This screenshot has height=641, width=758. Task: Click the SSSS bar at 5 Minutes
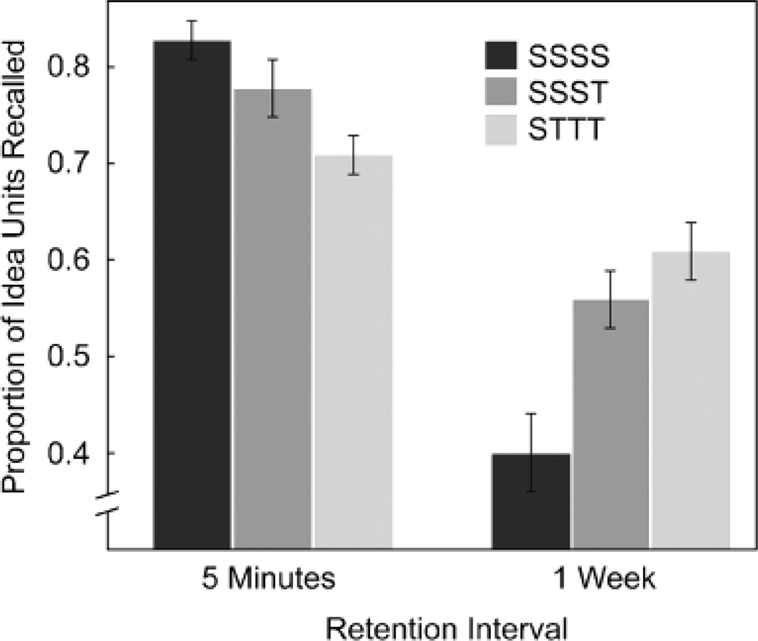[192, 296]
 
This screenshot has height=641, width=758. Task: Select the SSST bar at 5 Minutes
[272, 320]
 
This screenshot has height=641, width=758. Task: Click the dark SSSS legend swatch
[500, 56]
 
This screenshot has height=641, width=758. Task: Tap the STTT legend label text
[565, 130]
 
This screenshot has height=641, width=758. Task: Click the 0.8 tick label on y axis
[69, 67]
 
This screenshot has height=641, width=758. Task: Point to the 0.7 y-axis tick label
[69, 164]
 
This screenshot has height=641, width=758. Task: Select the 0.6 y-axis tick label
[69, 260]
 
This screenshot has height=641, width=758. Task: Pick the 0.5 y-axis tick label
[69, 357]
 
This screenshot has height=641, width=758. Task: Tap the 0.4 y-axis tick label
[69, 453]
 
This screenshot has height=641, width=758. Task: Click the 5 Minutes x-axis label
[268, 579]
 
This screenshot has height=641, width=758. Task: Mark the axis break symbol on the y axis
[107, 501]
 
